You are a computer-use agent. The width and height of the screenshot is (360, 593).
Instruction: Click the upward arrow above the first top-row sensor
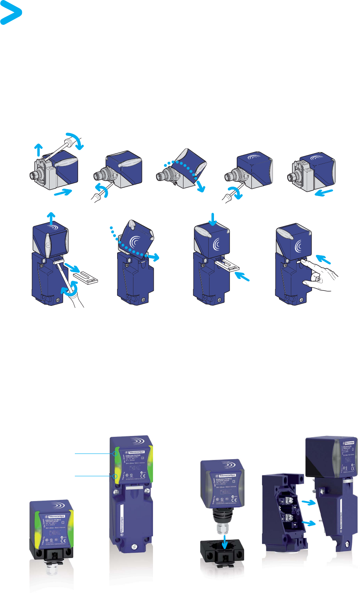(x=38, y=149)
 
